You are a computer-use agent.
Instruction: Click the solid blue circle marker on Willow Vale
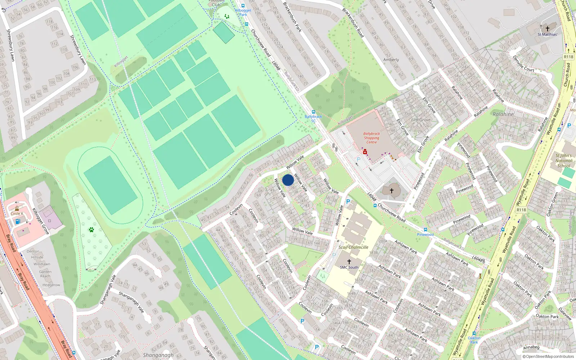pos(288,180)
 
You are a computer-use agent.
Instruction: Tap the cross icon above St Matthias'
pos(548,28)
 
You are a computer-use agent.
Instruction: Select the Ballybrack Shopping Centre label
pos(372,138)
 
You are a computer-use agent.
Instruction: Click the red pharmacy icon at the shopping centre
pos(365,152)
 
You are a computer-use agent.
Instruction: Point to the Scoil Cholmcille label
pos(353,247)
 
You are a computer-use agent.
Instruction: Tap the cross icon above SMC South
pos(349,262)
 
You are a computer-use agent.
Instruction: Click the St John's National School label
pos(563,161)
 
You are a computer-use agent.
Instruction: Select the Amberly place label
pos(391,60)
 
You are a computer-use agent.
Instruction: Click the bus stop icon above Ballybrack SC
pos(313,112)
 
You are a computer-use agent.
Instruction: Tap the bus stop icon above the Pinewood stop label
pos(425,230)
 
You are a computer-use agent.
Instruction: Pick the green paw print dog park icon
pos(91,229)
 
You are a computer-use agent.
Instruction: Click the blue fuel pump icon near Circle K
pos(18,221)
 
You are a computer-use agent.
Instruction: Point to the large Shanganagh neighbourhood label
pos(158,355)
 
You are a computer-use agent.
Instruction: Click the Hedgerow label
pos(51,285)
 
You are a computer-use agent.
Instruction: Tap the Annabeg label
pos(531,347)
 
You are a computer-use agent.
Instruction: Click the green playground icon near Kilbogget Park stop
pos(226,16)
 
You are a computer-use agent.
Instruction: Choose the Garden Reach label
pos(45,274)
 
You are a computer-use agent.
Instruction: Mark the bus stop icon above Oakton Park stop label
pos(474,333)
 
